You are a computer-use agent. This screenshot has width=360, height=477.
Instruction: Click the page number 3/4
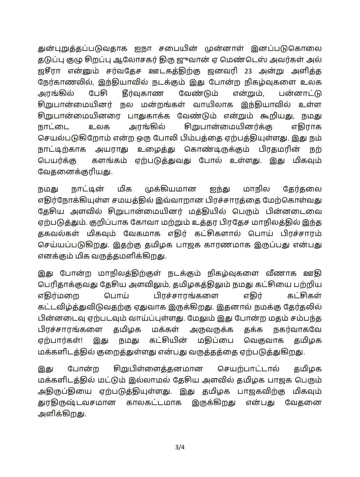coord(180,447)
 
